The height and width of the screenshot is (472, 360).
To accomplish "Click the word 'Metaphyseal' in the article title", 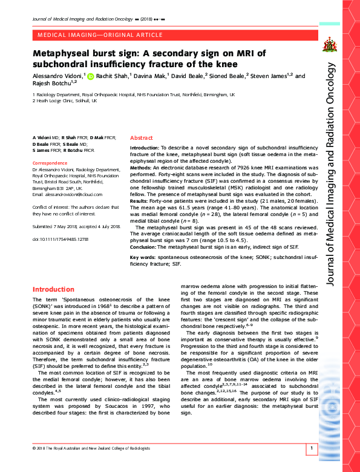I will pos(65,54).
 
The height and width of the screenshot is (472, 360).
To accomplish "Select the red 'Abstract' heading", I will pos(142,138).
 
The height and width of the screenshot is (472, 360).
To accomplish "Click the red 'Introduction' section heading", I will pos(53,289).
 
